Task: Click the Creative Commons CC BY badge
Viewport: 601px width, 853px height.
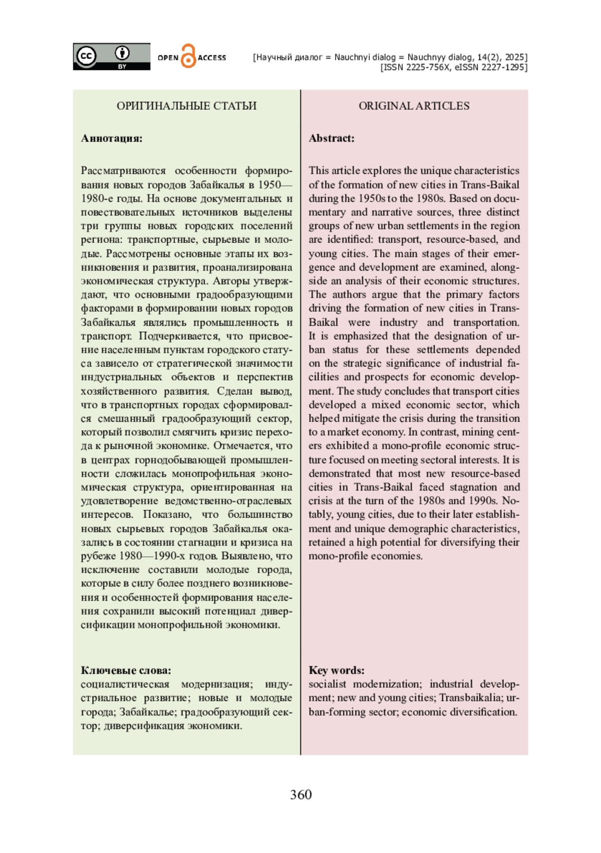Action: pyautogui.click(x=111, y=57)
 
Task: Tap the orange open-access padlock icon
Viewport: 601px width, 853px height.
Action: pyautogui.click(x=188, y=56)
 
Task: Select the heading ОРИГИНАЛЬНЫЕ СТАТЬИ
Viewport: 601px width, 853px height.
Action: pyautogui.click(x=186, y=106)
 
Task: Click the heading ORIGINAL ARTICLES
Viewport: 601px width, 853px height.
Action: pyautogui.click(x=414, y=106)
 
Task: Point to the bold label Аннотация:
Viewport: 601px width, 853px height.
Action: pyautogui.click(x=112, y=138)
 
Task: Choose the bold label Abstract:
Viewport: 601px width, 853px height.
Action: pyautogui.click(x=331, y=138)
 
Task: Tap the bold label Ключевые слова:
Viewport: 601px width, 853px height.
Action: pyautogui.click(x=126, y=670)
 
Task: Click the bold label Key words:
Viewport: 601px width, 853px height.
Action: pyautogui.click(x=336, y=670)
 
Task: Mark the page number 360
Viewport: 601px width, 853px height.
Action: pyautogui.click(x=300, y=794)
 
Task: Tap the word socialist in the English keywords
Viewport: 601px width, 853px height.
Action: pyautogui.click(x=327, y=684)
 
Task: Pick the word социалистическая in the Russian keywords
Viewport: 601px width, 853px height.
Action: pyautogui.click(x=125, y=684)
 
